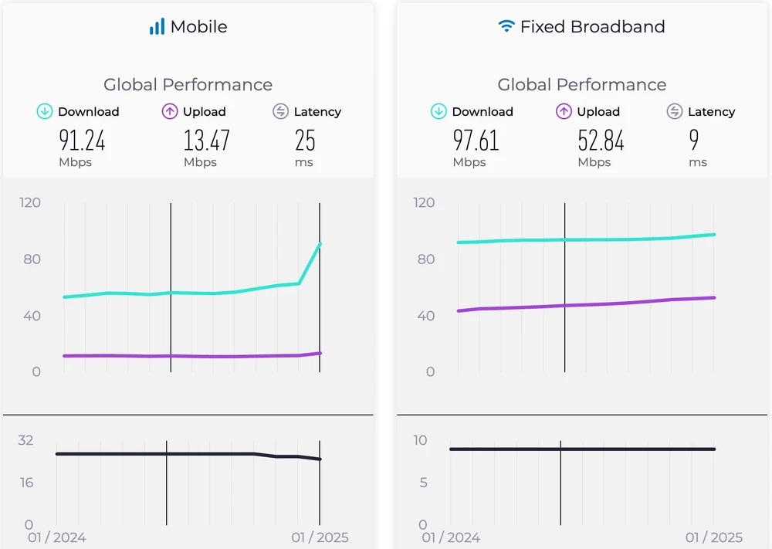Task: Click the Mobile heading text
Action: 198,27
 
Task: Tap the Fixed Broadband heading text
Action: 592,27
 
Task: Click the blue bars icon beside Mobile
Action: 157,27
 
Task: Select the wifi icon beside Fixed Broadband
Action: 506,26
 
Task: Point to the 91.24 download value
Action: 82,141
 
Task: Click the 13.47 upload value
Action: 206,141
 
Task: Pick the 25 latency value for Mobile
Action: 305,141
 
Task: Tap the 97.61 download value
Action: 476,141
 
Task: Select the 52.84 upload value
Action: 601,141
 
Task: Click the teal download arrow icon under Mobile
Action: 45,112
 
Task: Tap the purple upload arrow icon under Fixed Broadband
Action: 564,112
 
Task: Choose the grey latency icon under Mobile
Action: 280,112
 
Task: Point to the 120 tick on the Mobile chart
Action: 30,203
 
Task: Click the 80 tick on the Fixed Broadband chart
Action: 425,259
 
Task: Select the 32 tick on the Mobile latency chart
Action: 26,441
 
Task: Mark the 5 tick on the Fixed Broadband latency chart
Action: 422,483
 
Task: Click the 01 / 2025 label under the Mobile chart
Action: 320,537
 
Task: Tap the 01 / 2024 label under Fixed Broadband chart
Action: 451,537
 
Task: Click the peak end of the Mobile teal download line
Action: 320,244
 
